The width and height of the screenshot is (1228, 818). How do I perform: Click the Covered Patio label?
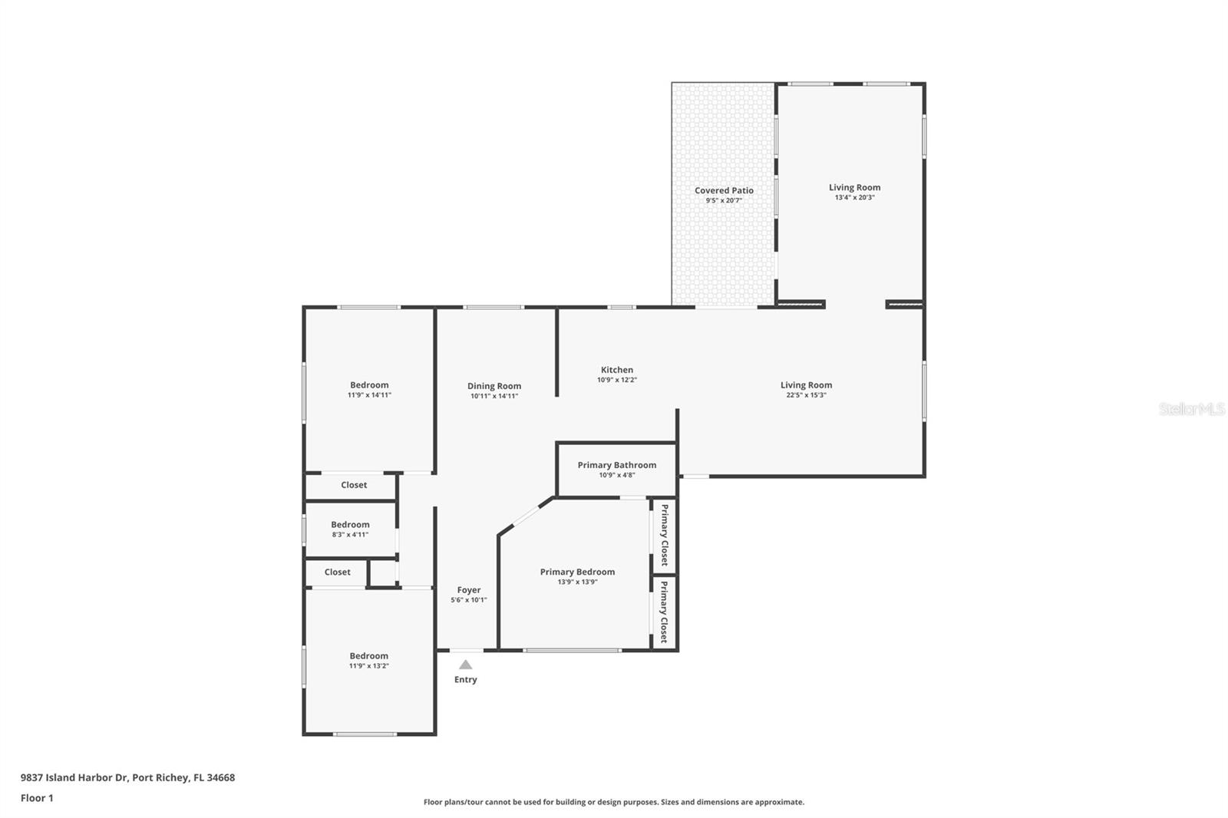724,190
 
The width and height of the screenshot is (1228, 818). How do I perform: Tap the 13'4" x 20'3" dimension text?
854,198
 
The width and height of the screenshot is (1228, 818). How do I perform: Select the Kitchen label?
617,370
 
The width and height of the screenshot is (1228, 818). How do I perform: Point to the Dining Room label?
494,386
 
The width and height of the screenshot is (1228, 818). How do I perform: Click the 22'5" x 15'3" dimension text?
806,395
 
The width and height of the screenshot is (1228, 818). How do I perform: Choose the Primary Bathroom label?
617,465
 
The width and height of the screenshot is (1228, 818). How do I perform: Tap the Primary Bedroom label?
577,572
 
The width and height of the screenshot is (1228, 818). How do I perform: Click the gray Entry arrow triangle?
466,665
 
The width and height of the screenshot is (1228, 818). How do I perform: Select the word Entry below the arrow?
466,680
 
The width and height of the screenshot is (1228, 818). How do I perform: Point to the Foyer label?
469,590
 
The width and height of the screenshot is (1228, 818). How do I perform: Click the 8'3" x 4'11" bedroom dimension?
350,535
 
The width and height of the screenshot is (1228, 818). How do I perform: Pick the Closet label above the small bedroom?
354,485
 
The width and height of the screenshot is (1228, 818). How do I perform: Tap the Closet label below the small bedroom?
337,572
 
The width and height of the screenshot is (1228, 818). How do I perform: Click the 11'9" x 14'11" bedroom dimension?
369,395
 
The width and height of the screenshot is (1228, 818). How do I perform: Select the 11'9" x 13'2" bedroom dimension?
369,666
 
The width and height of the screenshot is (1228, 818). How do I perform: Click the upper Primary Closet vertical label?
665,535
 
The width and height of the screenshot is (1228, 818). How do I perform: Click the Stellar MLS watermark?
1191,409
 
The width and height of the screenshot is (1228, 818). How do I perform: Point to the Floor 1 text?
37,798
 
